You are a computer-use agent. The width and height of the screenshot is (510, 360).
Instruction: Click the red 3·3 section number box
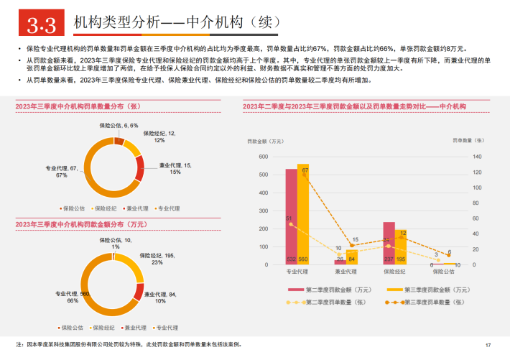point(41,27)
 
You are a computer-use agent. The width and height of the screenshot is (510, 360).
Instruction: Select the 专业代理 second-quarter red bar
point(292,216)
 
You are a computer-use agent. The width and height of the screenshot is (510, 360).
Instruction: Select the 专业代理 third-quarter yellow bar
point(303,214)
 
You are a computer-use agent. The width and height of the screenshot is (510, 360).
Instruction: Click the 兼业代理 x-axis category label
point(346,272)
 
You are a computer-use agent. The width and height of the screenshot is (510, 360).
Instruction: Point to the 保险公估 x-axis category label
point(442,272)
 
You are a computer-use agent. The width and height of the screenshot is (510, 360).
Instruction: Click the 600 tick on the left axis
point(263,157)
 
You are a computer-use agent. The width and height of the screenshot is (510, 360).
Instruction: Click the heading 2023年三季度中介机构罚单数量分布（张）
point(83,106)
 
